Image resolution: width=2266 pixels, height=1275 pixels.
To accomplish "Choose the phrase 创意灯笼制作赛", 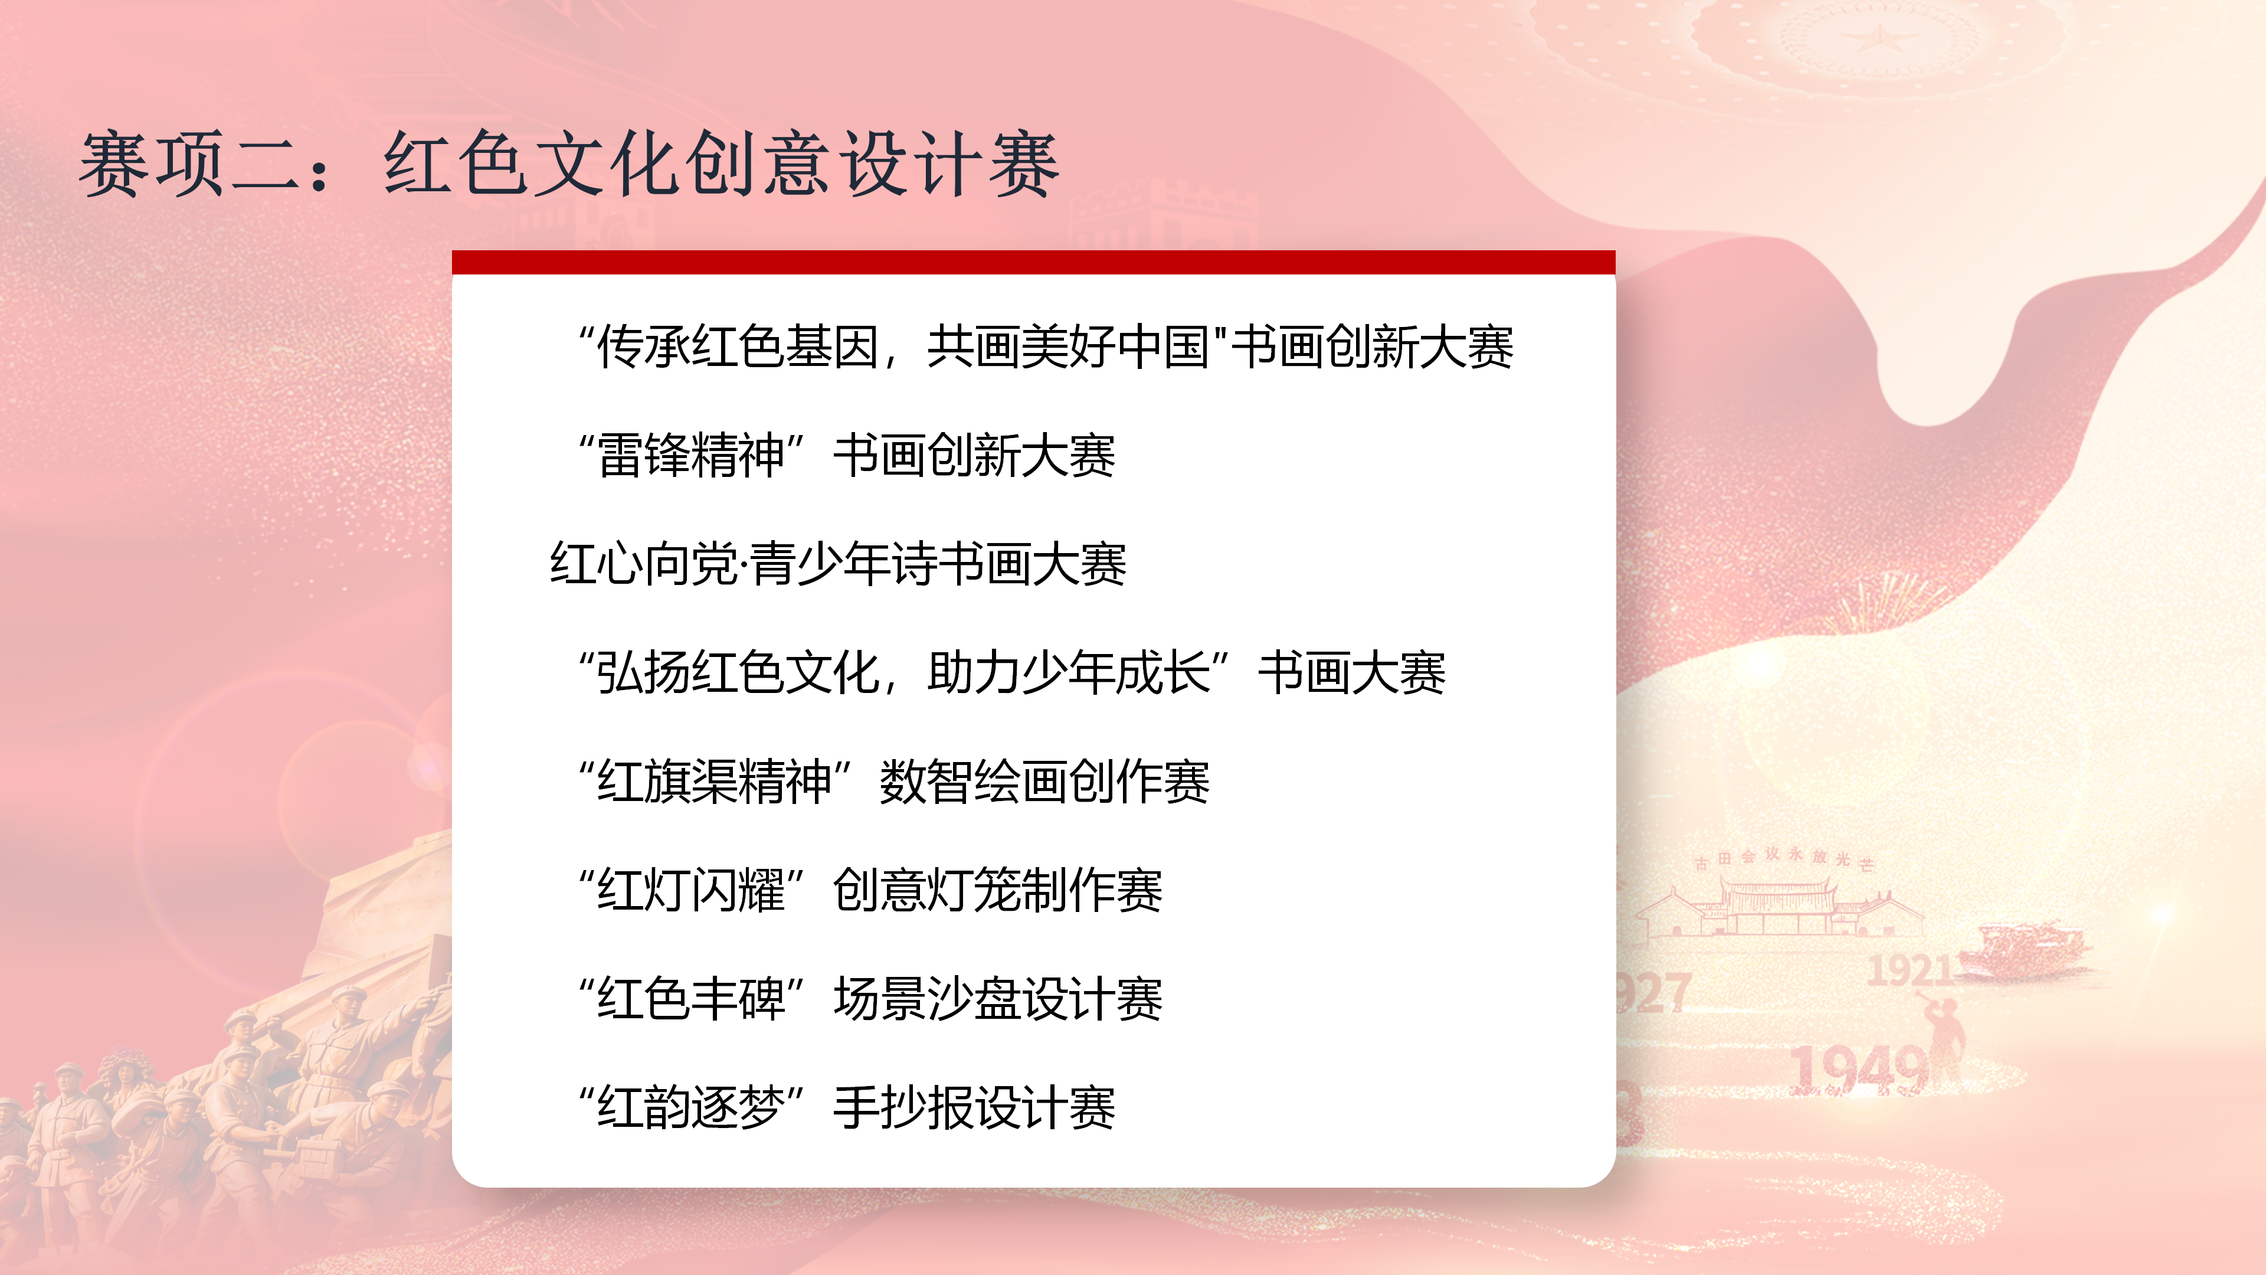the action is click(997, 891).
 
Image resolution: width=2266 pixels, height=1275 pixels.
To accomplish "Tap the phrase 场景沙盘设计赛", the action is click(997, 999).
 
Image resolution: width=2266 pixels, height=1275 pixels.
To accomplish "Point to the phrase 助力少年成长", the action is click(1069, 673).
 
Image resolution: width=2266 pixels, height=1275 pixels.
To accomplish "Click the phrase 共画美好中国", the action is click(1069, 346).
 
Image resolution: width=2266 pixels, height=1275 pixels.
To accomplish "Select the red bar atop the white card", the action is click(1034, 262).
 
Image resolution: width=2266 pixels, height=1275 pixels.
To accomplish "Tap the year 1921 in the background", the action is click(1909, 970).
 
